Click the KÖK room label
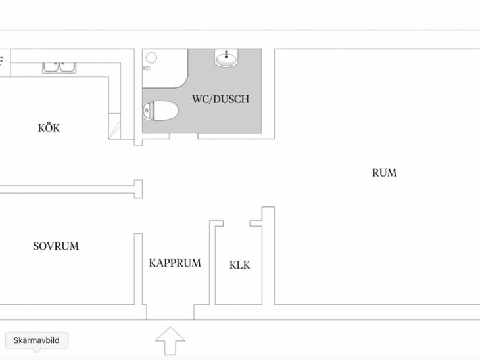coord(49,127)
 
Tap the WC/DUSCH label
coord(220,99)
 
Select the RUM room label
coord(384,173)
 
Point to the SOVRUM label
coord(56,246)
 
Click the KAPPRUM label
coord(175,263)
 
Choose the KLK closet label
coord(240,265)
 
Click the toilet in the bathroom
coord(160,110)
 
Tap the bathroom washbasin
coord(226,57)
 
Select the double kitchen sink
coord(59,68)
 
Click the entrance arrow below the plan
coord(170,341)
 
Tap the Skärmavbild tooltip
coord(36,340)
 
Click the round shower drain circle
coord(151,58)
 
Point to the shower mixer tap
coord(147,68)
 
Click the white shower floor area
coord(164,68)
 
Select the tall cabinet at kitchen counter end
coord(115,126)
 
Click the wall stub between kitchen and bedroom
coord(138,189)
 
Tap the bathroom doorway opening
coord(183,136)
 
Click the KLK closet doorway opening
coord(237,223)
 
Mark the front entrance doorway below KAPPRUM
coord(170,312)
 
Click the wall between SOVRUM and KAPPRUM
coord(138,269)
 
